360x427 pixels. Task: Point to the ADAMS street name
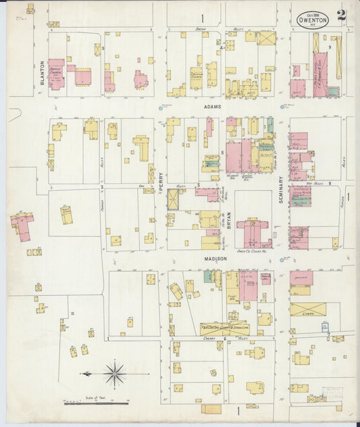tap(215, 107)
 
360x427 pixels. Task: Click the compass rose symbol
tap(115, 372)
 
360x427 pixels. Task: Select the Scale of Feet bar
tap(96, 403)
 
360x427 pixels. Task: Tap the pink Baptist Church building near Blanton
tap(56, 74)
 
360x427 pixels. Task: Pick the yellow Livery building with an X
tap(308, 309)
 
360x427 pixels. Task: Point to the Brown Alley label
tap(201, 29)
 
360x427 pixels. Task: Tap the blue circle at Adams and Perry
tap(161, 107)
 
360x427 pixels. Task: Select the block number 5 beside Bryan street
tap(222, 153)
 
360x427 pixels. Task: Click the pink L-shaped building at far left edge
tap(22, 226)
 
